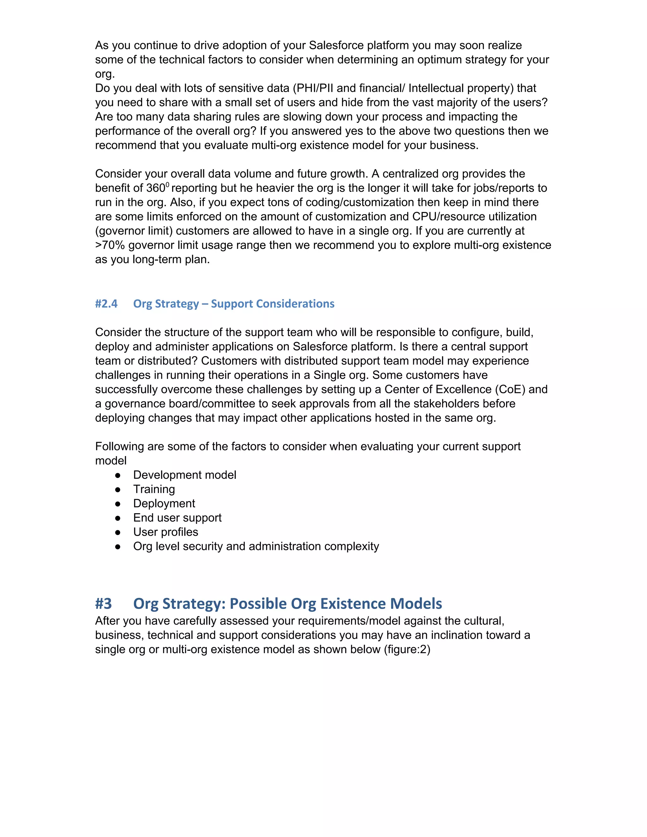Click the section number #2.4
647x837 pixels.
pyautogui.click(x=106, y=304)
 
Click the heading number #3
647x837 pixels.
pyautogui.click(x=104, y=604)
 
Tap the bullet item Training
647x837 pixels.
pyautogui.click(x=154, y=489)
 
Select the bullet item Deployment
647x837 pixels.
pyautogui.click(x=164, y=503)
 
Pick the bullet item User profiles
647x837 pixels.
pyautogui.click(x=166, y=532)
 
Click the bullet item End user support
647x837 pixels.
pyautogui.click(x=177, y=518)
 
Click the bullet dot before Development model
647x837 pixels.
pyautogui.click(x=118, y=475)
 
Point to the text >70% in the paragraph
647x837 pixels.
pyautogui.click(x=110, y=245)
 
